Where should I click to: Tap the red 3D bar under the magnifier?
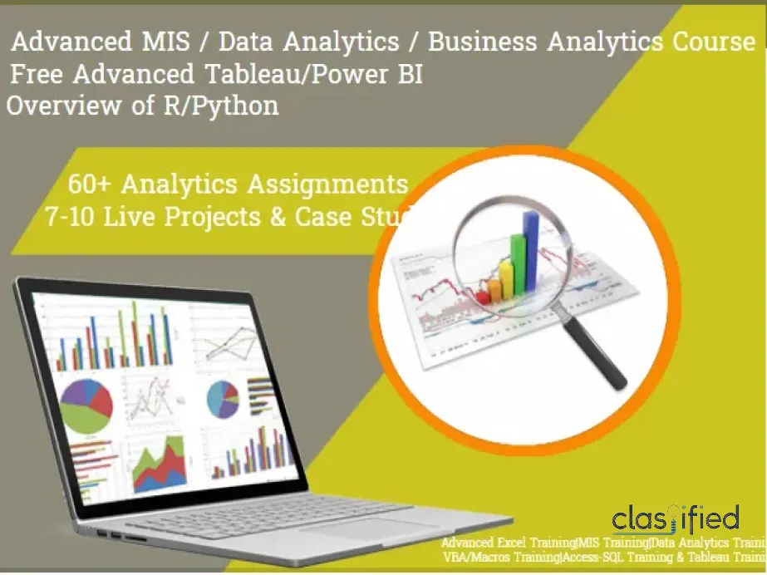[x=483, y=295]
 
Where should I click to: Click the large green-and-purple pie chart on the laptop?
[x=86, y=406]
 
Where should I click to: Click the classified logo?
[x=675, y=520]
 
